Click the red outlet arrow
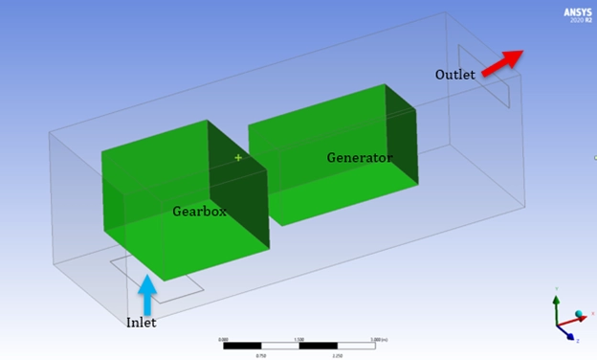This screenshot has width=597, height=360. point(502,62)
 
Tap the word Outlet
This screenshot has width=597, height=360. point(455,75)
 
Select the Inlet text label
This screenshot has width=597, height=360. point(141,323)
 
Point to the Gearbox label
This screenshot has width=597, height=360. point(199,212)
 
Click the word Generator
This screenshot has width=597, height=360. point(360,157)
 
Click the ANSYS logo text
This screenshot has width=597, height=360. point(577,11)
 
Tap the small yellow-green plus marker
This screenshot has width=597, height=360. point(238,157)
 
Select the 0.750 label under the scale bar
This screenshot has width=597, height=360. point(261,354)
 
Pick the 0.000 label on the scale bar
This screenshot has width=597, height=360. point(223,338)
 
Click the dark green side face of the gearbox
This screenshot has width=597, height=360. point(237,201)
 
